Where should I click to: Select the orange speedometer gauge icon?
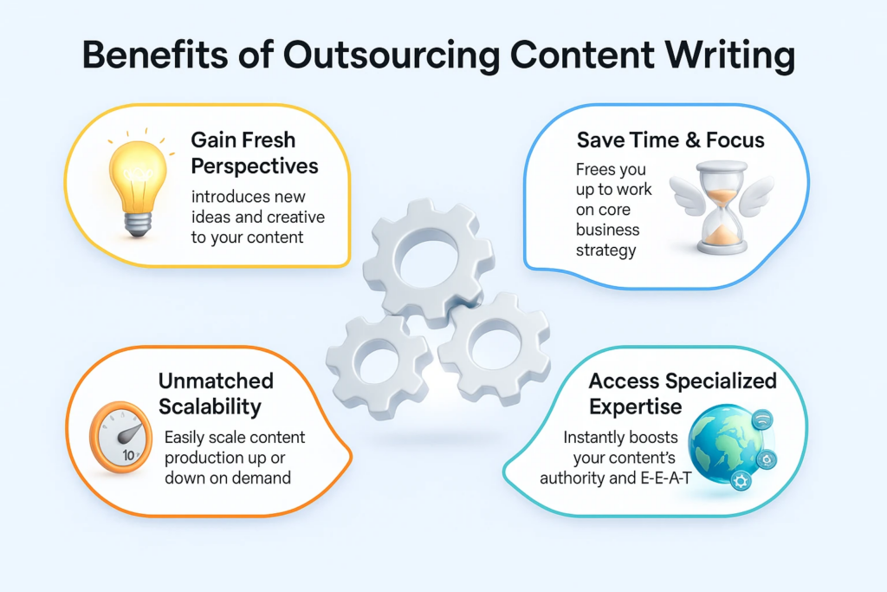click(x=120, y=439)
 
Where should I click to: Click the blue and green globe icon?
click(x=723, y=443)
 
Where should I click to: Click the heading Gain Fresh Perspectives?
click(x=254, y=152)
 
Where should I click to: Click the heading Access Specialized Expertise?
click(x=682, y=394)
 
